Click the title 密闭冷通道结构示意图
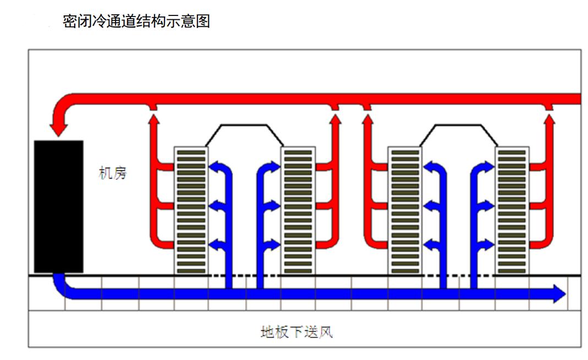tap(136, 22)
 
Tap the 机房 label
tap(113, 174)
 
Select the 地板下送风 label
tap(296, 332)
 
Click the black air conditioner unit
tap(58, 206)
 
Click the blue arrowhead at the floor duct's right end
tap(559, 293)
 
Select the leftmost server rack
tap(191, 210)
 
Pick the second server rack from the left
tap(298, 210)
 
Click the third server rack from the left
tap(405, 210)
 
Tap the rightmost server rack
tap(512, 210)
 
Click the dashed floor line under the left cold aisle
tap(244, 275)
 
